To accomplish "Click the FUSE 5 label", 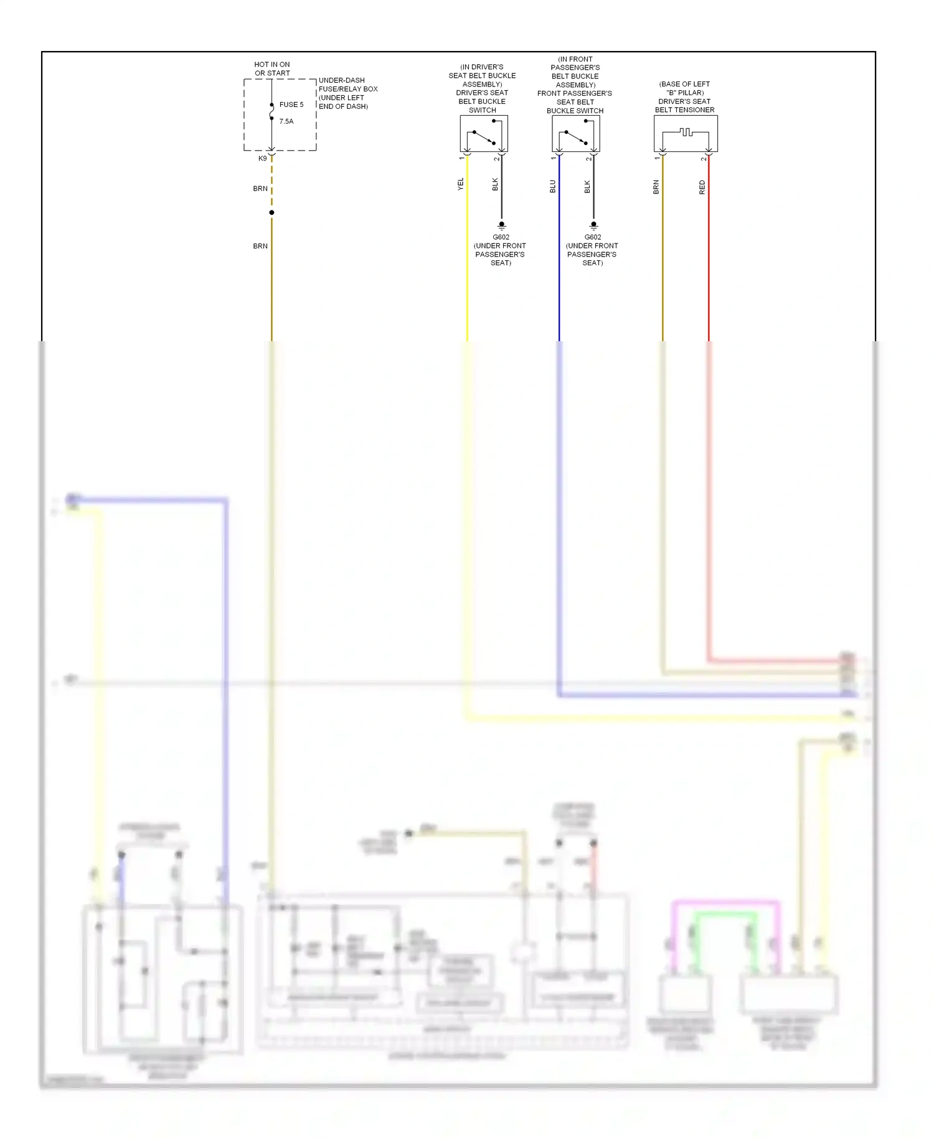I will [291, 105].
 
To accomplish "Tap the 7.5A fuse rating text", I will [286, 121].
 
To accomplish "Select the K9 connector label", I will [263, 159].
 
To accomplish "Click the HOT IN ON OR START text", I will [272, 68].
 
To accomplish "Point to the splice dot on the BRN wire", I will [271, 213].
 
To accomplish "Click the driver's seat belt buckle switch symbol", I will [484, 133].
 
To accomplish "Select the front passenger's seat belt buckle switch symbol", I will [576, 133].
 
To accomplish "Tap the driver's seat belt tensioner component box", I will [686, 133].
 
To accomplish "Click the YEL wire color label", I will [461, 184].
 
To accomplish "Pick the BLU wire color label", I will [553, 186].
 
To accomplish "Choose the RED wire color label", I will [702, 187].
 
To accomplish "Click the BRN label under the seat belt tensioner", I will [656, 187].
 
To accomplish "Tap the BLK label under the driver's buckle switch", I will [496, 184].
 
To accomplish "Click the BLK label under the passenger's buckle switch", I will [587, 186].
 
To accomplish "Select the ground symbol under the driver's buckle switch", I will [502, 226].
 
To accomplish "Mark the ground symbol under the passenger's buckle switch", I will [593, 226].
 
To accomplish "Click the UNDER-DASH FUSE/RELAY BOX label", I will [348, 93].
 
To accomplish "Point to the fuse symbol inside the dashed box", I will [271, 112].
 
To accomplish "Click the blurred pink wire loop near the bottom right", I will [725, 902].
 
